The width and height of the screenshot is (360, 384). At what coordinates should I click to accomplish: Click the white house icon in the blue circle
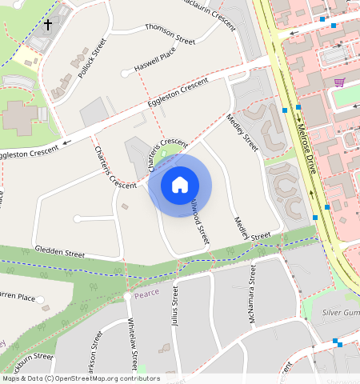click(180, 185)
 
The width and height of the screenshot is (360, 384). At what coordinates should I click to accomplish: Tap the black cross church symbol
click(47, 25)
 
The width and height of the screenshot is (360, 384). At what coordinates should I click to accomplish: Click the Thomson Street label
click(170, 33)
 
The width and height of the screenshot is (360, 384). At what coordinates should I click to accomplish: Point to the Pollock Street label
click(93, 58)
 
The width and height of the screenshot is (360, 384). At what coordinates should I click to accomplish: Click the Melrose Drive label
click(306, 149)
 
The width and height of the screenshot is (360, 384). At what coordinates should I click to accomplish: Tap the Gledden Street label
click(59, 252)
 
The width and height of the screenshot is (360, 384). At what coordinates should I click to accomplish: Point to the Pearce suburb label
click(146, 293)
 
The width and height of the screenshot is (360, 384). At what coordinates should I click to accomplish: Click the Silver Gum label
click(340, 312)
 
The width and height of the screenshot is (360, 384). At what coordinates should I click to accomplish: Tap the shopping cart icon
click(340, 82)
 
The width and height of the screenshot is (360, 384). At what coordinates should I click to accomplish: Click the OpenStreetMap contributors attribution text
click(81, 378)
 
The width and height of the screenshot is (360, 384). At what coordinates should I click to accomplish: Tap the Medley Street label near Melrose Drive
click(242, 133)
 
